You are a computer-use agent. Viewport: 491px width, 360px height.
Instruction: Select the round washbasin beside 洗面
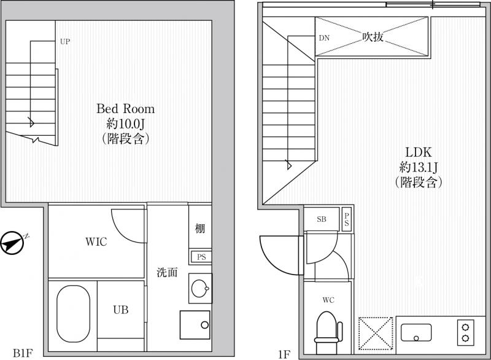click(x=200, y=288)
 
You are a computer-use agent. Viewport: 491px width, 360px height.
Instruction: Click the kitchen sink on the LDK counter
click(x=416, y=333)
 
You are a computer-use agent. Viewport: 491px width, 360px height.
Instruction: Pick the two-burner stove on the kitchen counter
click(x=465, y=333)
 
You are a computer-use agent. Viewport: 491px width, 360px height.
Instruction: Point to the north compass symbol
click(x=12, y=243)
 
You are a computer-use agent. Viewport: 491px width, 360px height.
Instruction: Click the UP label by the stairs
click(x=65, y=41)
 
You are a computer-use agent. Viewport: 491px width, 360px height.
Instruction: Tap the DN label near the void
click(x=324, y=38)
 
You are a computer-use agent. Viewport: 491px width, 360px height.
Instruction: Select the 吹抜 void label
click(x=373, y=37)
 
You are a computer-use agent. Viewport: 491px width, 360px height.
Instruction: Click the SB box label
click(x=321, y=219)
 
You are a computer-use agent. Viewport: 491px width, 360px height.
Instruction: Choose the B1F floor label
click(x=23, y=353)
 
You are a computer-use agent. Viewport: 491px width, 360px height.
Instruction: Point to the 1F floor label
click(x=284, y=354)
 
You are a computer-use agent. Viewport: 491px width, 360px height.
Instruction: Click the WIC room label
click(x=96, y=241)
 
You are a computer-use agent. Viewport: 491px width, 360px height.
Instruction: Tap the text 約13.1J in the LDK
click(x=419, y=167)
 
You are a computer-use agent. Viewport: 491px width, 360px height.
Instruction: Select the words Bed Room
click(x=126, y=109)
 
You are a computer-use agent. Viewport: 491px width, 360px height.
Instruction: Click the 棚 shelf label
click(x=200, y=228)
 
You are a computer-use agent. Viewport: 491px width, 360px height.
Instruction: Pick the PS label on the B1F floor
click(x=201, y=257)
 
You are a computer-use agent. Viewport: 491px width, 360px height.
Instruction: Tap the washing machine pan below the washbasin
click(x=195, y=325)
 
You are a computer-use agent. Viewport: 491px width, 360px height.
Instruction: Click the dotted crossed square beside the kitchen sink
click(x=376, y=334)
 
